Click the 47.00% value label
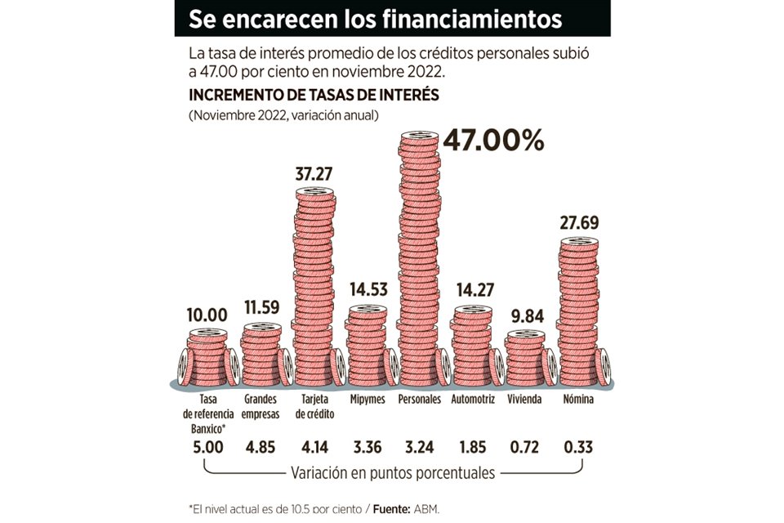point(493,141)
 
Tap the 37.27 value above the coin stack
point(315,173)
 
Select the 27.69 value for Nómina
point(579,222)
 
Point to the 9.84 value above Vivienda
point(525,318)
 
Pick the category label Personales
point(420,400)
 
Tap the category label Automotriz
point(473,400)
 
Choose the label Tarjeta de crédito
point(314,407)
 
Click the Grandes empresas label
point(262,407)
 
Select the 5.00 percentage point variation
point(208,449)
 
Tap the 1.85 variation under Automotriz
point(473,449)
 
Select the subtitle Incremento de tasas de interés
point(314,95)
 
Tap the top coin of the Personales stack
point(420,136)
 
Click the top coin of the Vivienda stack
point(525,335)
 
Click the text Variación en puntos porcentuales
point(392,473)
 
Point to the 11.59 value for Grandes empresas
point(262,309)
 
